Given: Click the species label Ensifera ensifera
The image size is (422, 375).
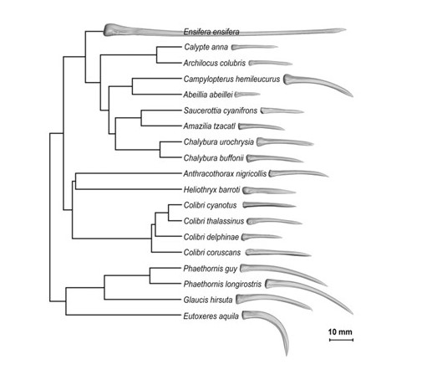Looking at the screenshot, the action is tap(211, 32).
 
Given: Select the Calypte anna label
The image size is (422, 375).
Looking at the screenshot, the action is tap(206, 47).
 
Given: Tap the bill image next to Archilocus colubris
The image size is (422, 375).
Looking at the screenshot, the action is tap(270, 63).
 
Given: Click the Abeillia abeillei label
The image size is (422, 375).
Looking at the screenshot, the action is tap(208, 95).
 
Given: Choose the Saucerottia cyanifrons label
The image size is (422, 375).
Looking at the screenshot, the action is tap(221, 110).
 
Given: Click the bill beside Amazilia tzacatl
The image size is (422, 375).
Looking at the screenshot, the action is tap(261, 126).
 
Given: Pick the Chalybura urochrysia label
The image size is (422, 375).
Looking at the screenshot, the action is tap(219, 142).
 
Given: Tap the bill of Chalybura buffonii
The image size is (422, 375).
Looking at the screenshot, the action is tap(274, 158).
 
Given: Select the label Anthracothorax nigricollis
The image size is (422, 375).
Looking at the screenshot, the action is tap(225, 174).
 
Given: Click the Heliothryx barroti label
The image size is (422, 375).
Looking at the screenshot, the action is tap(211, 190).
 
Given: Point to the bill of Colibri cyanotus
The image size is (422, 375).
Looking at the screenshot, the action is tap(269, 205).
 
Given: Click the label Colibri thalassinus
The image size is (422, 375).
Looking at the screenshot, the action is tap(214, 221).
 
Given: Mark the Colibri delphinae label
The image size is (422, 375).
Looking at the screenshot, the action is tap(211, 237).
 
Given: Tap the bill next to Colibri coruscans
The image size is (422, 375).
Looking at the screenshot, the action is tap(277, 253).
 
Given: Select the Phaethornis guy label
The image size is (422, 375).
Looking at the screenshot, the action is tap(210, 269).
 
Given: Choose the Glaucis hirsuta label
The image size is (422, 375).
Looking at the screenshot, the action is tap(208, 300).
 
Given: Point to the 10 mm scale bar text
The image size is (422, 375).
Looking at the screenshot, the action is tap(340, 332).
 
